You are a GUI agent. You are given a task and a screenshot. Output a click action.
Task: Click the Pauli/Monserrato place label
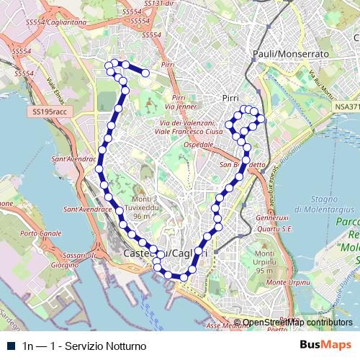coord(290,54)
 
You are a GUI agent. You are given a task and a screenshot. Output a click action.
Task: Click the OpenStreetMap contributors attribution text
coord(297,323)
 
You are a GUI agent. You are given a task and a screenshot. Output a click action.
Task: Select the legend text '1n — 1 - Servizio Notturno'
coord(85,346)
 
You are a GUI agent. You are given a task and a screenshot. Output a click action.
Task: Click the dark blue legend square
coord(9,346)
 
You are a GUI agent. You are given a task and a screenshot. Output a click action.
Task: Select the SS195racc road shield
coord(49,112)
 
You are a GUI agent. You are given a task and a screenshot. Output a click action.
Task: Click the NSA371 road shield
coord(346,107)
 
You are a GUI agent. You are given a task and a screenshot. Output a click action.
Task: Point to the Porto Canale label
coord(41,234)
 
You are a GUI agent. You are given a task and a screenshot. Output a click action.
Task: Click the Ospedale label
coord(198,145)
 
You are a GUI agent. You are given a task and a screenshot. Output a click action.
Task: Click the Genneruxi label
coord(271,217)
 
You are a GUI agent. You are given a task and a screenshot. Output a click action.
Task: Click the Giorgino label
coord(65,264)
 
